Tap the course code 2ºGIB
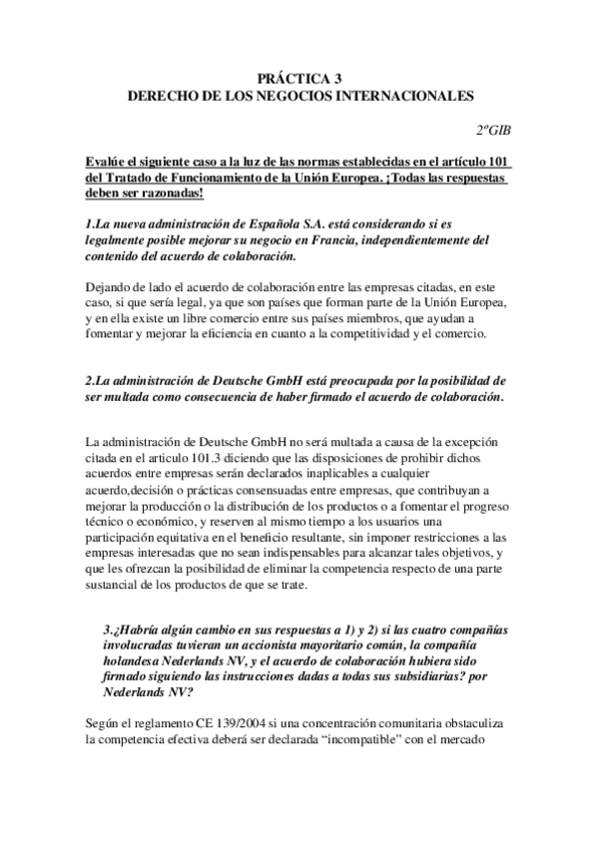coord(493,130)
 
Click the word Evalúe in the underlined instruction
coord(107,163)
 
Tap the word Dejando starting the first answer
coord(111,289)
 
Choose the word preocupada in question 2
coord(331,382)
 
